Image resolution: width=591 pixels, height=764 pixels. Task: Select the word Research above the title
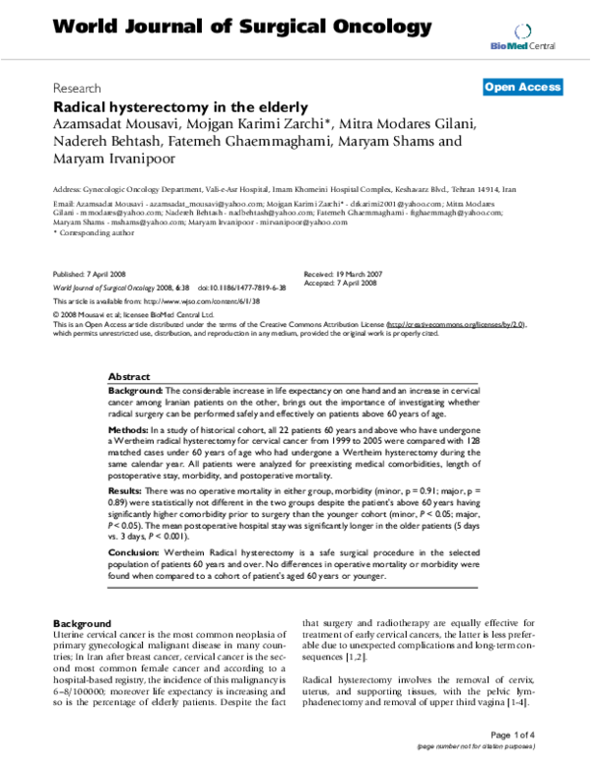point(78,88)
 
